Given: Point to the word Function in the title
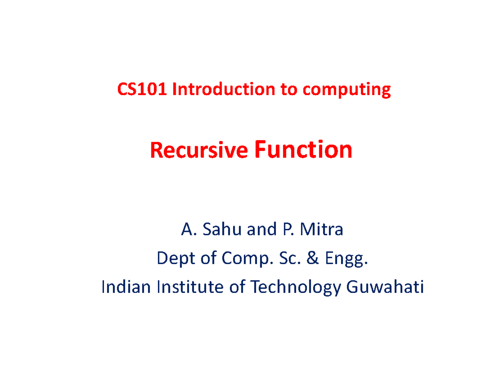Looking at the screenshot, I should (304, 150).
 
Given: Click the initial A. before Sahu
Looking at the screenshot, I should (187, 230).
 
